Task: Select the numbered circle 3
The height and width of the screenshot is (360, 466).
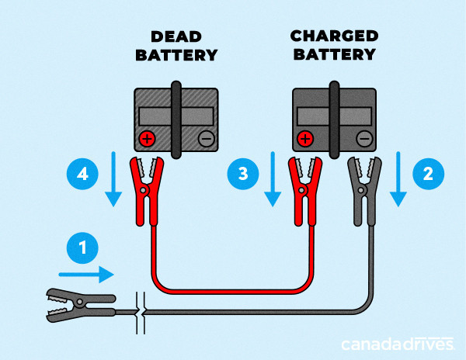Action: click(243, 172)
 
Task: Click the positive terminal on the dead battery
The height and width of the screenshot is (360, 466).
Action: click(145, 140)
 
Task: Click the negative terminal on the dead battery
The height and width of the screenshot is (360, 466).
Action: click(206, 140)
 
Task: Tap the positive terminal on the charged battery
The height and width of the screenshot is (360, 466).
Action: click(304, 140)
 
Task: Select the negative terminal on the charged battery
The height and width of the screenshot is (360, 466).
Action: click(365, 140)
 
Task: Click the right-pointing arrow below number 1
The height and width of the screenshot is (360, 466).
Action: click(86, 274)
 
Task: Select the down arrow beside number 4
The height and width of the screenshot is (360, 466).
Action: click(113, 179)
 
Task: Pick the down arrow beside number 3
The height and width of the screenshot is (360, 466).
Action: click(272, 179)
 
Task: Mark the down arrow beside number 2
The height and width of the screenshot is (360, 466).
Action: click(398, 179)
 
